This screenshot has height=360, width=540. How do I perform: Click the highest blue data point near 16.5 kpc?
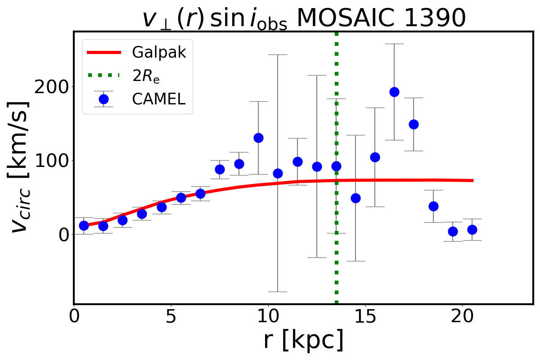[394, 92]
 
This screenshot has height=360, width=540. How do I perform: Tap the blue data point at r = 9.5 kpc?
[258, 138]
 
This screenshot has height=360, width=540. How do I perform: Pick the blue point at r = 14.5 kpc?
[355, 198]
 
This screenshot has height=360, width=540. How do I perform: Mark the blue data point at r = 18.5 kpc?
[433, 206]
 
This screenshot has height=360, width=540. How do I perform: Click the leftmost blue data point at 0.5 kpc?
[84, 225]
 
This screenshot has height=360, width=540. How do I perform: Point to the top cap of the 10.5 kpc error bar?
[278, 54]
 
